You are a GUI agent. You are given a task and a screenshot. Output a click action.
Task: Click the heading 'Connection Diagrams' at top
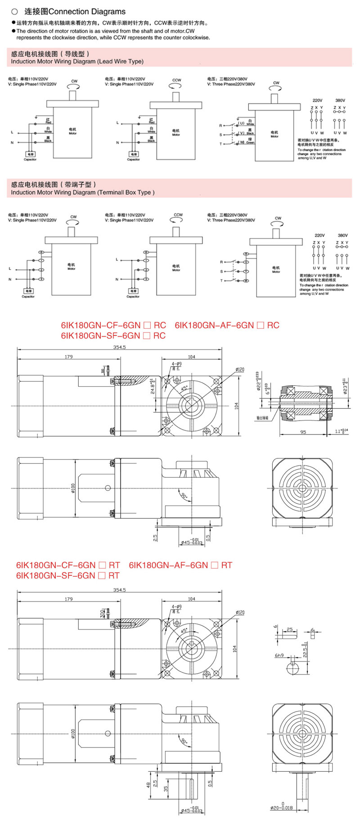(75, 12)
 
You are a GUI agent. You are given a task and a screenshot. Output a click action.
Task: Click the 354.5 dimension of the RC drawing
(120, 347)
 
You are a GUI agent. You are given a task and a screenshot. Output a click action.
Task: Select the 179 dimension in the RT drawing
(68, 599)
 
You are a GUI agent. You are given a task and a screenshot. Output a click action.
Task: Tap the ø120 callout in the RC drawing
(240, 370)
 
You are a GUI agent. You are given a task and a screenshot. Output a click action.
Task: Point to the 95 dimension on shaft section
(303, 432)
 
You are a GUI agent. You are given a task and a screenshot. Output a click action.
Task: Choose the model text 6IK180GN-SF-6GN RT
(67, 575)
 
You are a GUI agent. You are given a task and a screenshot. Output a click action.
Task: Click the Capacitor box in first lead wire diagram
(30, 154)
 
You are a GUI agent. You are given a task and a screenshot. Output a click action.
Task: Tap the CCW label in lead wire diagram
(176, 80)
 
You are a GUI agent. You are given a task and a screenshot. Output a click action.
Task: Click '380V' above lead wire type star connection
(340, 100)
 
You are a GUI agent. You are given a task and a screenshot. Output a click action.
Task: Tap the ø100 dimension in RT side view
(72, 734)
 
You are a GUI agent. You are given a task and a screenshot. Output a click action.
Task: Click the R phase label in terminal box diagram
(221, 262)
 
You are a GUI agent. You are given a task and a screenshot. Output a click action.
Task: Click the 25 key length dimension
(289, 629)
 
